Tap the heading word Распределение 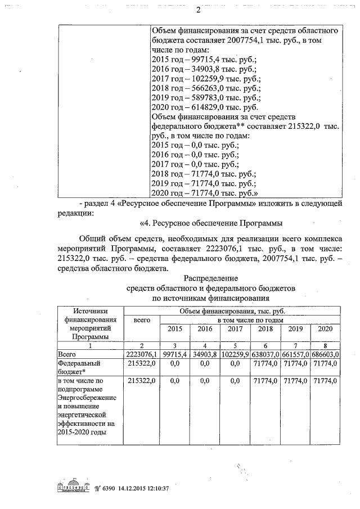click(211, 278)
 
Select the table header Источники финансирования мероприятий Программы click(90, 323)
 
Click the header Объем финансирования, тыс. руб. click(231, 311)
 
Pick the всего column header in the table click(142, 319)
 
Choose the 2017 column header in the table click(235, 328)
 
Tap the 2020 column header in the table click(326, 328)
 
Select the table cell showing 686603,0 click(326, 354)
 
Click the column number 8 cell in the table click(326, 345)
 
